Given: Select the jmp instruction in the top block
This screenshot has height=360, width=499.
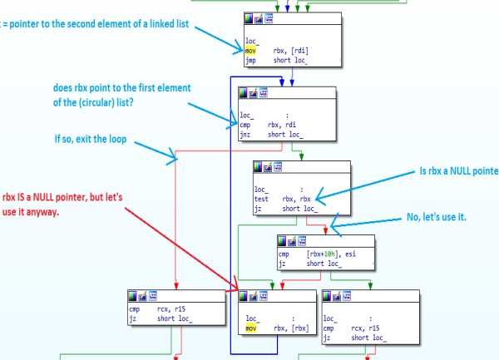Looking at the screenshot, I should coord(249,58).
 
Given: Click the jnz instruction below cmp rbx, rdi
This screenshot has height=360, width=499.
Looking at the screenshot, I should coord(245,134).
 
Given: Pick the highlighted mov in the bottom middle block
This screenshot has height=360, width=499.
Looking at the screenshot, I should coord(251,328).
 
